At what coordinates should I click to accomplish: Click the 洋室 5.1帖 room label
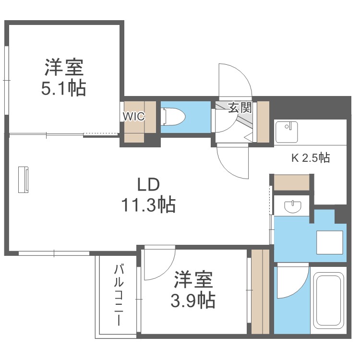pyautogui.click(x=64, y=78)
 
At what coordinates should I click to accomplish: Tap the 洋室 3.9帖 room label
pyautogui.click(x=193, y=290)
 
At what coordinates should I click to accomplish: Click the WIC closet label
pyautogui.click(x=133, y=116)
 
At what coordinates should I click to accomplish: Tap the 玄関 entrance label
pyautogui.click(x=239, y=108)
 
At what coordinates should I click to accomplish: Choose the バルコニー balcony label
pyautogui.click(x=119, y=295)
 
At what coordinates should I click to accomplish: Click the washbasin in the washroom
pyautogui.click(x=292, y=206)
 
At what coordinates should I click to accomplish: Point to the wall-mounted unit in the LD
pyautogui.click(x=24, y=179)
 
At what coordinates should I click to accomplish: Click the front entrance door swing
pyautogui.click(x=233, y=80)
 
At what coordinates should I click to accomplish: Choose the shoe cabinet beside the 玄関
pyautogui.click(x=263, y=122)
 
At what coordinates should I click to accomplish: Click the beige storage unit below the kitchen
pyautogui.click(x=291, y=182)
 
